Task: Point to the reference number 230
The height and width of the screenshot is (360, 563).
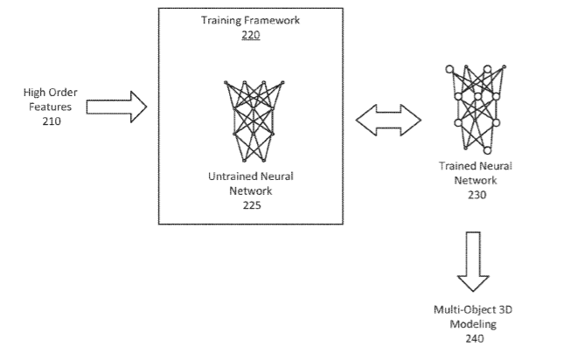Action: tap(476, 195)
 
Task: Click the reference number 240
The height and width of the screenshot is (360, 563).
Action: tap(475, 337)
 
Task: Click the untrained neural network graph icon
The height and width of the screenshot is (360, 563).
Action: tap(251, 121)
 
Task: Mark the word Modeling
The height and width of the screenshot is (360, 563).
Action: tap(475, 323)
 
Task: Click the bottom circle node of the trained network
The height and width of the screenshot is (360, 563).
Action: tap(486, 150)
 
